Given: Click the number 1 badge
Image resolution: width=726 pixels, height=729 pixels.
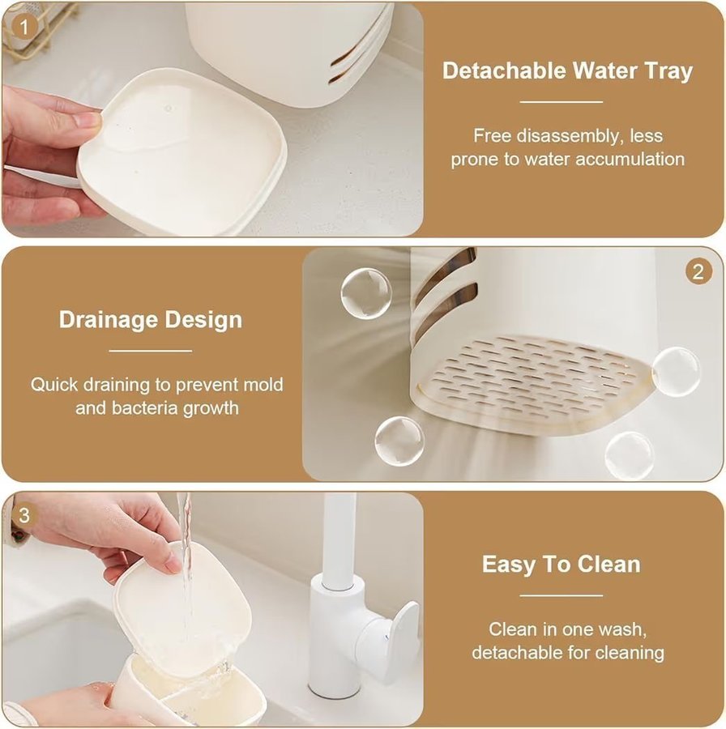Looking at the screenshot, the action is pos(23,28).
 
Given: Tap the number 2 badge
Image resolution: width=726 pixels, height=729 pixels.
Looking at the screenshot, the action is pos(698,271).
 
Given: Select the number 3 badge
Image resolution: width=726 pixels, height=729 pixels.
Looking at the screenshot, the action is pos(23,515).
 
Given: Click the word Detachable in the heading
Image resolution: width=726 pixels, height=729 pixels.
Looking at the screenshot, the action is pos(504,70).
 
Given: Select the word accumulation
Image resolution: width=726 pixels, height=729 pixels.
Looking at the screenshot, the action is pos(630,160).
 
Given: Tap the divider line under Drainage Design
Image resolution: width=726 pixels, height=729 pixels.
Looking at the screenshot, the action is pos(150,351).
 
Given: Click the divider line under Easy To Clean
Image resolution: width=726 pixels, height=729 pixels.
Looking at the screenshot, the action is pos(561,595).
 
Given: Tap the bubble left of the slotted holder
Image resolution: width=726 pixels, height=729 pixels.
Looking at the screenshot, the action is pos(365,294).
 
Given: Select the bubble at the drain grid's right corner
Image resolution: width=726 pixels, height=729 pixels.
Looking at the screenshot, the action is pos(675,371).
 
